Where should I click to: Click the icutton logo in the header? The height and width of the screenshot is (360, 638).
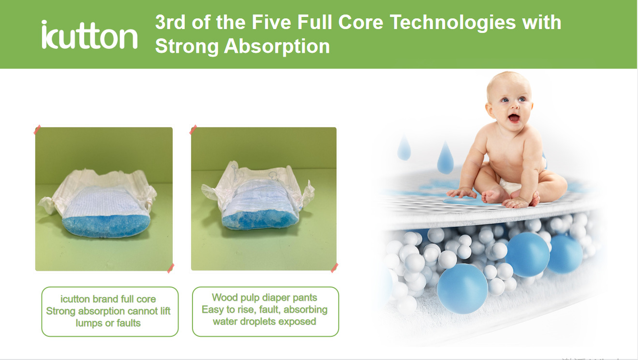tap(89, 34)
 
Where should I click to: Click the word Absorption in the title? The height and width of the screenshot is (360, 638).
tap(277, 46)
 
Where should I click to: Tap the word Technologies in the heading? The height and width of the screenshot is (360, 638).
tap(453, 22)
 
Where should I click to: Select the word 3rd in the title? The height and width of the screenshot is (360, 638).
tap(170, 22)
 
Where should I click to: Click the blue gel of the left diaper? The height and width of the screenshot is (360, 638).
tap(106, 225)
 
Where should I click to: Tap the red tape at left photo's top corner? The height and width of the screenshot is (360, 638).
tap(37, 130)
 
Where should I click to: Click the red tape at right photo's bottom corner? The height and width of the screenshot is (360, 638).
tap(334, 268)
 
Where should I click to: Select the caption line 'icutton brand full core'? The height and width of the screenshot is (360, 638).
tap(108, 299)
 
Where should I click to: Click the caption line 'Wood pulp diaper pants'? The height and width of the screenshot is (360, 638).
tap(264, 298)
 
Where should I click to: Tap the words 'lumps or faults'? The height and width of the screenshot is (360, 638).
tap(108, 323)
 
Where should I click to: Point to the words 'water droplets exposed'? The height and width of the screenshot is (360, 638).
tap(264, 322)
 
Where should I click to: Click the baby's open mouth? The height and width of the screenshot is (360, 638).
tap(514, 118)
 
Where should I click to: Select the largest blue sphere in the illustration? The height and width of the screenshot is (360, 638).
tap(462, 288)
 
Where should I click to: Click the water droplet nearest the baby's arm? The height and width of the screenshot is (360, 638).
tap(445, 158)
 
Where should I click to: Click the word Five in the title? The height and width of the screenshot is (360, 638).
tap(271, 22)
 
